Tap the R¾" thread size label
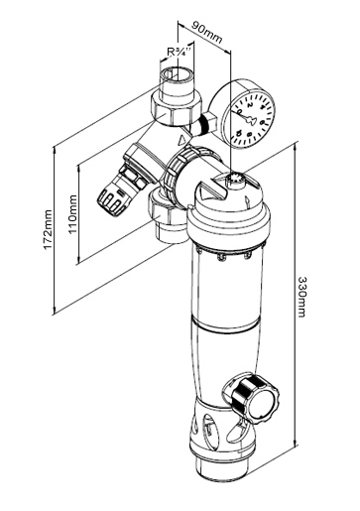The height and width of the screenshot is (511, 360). click(180, 52)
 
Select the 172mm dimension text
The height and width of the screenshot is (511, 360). click(49, 229)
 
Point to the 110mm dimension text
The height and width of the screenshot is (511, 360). click(72, 214)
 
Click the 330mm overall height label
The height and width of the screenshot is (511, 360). click(301, 297)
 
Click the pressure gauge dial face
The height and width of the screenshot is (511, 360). click(252, 118)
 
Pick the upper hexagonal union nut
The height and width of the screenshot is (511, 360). click(176, 107)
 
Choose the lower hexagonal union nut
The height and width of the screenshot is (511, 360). click(166, 210)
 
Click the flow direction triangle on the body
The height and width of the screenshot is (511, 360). click(182, 140)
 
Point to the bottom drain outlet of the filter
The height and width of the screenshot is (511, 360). click(222, 466)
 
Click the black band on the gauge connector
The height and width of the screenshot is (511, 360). click(206, 125)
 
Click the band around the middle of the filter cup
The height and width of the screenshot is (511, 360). click(226, 324)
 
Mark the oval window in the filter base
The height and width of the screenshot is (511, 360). click(209, 429)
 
